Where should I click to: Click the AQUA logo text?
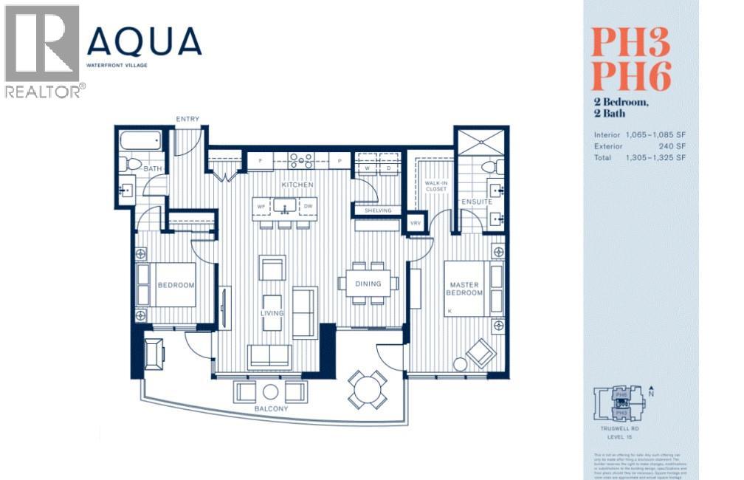point(144,43)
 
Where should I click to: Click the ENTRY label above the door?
point(187,120)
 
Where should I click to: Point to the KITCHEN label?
point(297,184)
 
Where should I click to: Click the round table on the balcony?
point(368,389)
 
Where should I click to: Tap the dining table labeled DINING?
point(368,284)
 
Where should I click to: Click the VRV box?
point(416,223)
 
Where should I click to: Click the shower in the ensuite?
point(480,142)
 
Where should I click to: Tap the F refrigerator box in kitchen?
point(260,160)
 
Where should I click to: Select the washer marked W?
point(367,168)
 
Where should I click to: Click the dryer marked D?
point(388,168)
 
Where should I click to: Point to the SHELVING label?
point(378,210)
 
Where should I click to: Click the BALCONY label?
point(270,409)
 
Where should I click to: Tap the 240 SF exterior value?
point(673,146)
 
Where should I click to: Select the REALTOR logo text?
point(44,91)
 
